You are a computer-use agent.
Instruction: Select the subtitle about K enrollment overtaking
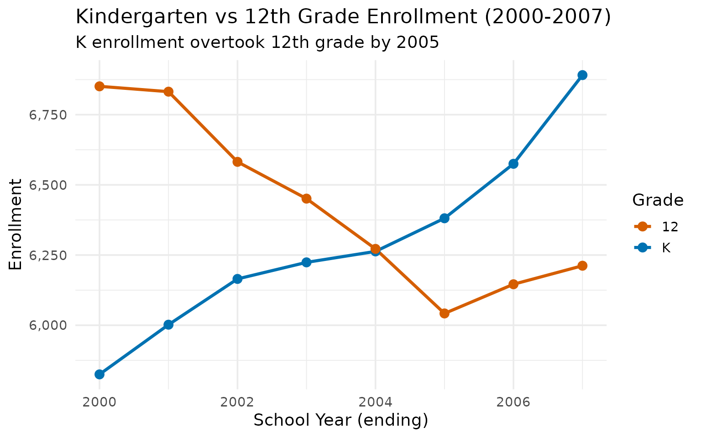pyautogui.click(x=257, y=42)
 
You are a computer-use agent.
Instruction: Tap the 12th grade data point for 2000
pyautogui.click(x=99, y=86)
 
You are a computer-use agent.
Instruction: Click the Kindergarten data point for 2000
pyautogui.click(x=99, y=374)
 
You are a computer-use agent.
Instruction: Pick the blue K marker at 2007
pyautogui.click(x=582, y=75)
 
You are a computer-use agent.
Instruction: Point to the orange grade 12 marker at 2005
pyautogui.click(x=445, y=313)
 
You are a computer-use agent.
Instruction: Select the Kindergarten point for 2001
pyautogui.click(x=168, y=324)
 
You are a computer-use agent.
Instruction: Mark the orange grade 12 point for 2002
pyautogui.click(x=237, y=162)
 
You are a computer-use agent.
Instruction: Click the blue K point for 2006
pyautogui.click(x=513, y=163)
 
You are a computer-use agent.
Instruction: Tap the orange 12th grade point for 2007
pyautogui.click(x=582, y=266)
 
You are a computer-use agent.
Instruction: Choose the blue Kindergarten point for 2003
pyautogui.click(x=306, y=262)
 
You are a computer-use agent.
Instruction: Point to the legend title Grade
pyautogui.click(x=658, y=200)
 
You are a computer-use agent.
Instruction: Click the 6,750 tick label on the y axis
pyautogui.click(x=48, y=115)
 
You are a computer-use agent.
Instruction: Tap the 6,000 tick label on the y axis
pyautogui.click(x=48, y=325)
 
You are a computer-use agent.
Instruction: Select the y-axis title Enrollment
pyautogui.click(x=16, y=224)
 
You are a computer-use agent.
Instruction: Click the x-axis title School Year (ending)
pyautogui.click(x=341, y=420)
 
